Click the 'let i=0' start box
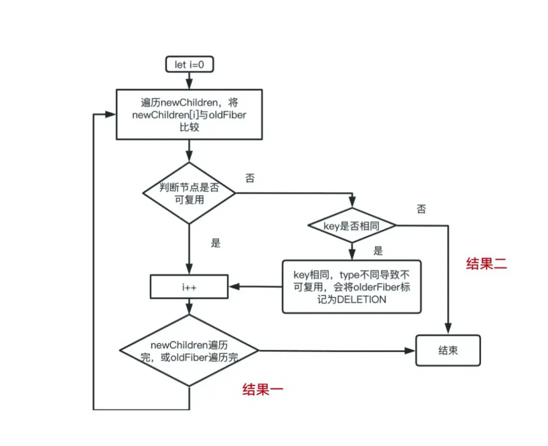190,65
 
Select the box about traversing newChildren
190,114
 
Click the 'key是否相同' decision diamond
352,226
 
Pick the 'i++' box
190,287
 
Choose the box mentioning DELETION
351,287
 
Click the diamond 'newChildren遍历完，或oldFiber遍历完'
189,351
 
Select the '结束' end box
448,351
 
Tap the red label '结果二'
486,264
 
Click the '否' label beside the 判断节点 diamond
250,178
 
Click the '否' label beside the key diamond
421,210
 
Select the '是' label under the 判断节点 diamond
216,243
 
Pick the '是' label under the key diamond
378,251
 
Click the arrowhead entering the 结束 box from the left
410,351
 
